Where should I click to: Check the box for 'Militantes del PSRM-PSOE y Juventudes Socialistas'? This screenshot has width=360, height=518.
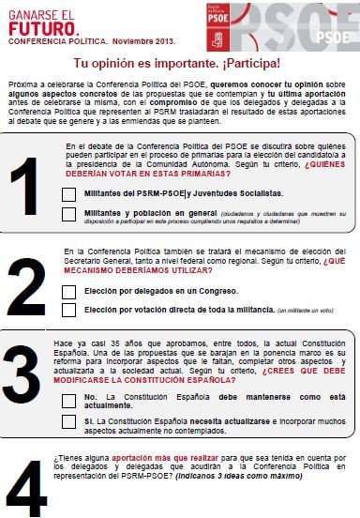pos(68,194)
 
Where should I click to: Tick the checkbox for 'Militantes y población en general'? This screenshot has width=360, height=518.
pos(68,215)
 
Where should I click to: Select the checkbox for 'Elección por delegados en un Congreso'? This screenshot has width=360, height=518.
pos(68,291)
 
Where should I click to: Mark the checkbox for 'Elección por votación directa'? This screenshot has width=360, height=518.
pos(68,309)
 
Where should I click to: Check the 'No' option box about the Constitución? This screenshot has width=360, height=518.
pos(68,399)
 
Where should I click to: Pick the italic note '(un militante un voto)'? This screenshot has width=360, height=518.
pos(306,310)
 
